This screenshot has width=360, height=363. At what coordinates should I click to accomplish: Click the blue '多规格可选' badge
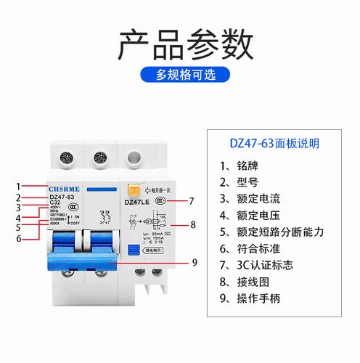coord(180,74)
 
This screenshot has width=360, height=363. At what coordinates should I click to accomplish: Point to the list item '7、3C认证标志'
coord(258,265)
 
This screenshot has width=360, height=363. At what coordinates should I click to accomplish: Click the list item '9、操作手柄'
coord(250,298)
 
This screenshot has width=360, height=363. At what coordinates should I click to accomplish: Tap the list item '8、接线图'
coord(242,282)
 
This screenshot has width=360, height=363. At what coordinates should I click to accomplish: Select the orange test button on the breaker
coord(133,189)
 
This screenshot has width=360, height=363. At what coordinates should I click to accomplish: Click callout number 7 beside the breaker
coord(191,201)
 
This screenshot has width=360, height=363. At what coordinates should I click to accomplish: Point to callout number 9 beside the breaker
coord(195,262)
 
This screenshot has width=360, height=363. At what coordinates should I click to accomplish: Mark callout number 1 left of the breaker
coord(20,187)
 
